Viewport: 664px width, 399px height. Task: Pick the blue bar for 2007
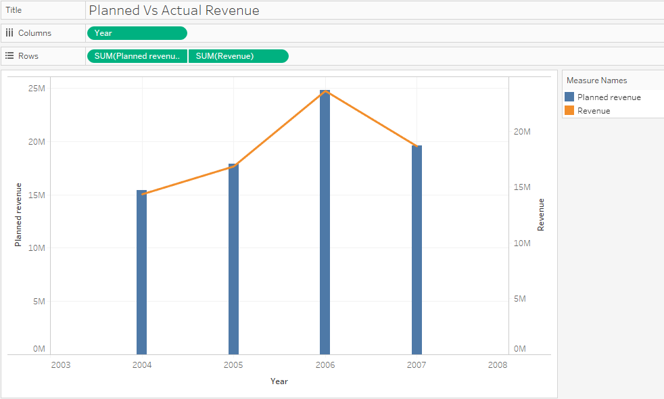point(417,250)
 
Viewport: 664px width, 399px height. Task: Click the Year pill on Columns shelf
point(137,33)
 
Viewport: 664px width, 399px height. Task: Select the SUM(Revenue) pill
point(238,56)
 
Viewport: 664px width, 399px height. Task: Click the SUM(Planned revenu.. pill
point(137,56)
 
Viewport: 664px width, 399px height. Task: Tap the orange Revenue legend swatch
point(569,110)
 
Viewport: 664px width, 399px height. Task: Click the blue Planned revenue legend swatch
point(569,97)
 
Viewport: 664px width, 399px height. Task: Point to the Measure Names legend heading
point(596,80)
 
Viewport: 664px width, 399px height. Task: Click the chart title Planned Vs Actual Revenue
point(174,11)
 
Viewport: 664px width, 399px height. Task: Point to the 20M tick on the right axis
point(521,131)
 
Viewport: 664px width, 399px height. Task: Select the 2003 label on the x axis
point(60,365)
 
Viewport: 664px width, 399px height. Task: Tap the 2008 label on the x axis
point(497,365)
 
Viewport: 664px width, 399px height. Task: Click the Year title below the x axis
point(279,381)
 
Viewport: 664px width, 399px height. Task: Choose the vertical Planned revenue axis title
point(19,214)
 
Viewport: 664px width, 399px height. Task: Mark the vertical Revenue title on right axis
point(541,214)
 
